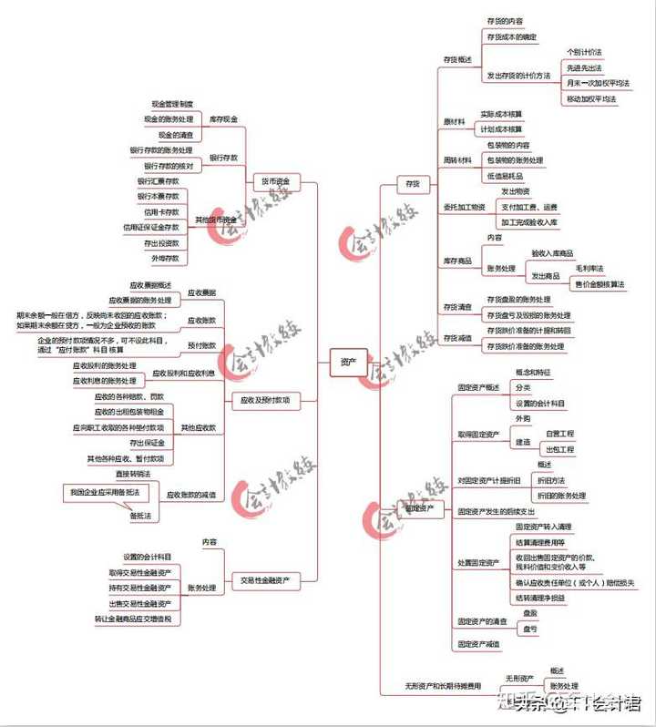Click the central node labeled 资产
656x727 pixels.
tap(348, 362)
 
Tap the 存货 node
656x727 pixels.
tap(413, 184)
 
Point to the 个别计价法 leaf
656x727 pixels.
tap(584, 52)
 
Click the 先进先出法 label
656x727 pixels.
tap(584, 67)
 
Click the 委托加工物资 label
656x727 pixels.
tap(465, 206)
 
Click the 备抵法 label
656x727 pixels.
tap(140, 516)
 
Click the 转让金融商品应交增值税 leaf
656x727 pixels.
tap(138, 619)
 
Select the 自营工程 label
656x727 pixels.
tap(559, 434)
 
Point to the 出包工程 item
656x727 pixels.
tap(559, 449)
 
